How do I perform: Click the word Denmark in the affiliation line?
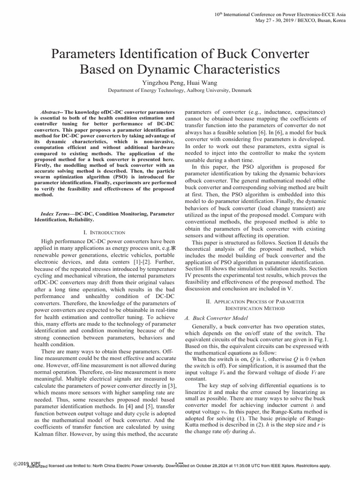(239, 90)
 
